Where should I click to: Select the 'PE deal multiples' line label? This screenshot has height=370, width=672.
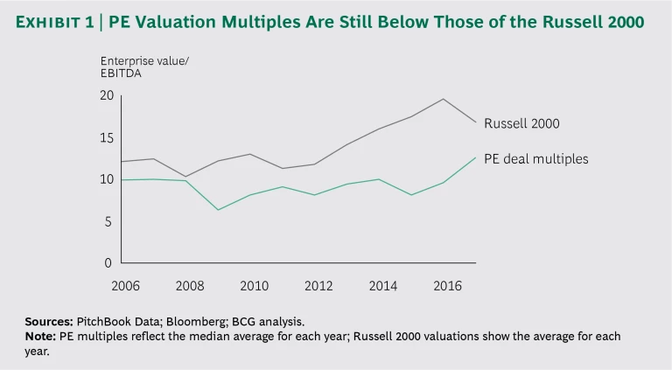(x=535, y=158)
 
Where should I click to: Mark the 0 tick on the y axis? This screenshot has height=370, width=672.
(x=108, y=263)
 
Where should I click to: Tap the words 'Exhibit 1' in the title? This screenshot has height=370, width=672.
(x=52, y=23)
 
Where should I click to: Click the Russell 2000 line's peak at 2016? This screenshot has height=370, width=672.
(x=444, y=99)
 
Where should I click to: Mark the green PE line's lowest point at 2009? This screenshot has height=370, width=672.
(x=218, y=210)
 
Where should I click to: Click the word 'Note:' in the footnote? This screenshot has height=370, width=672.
(x=41, y=337)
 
